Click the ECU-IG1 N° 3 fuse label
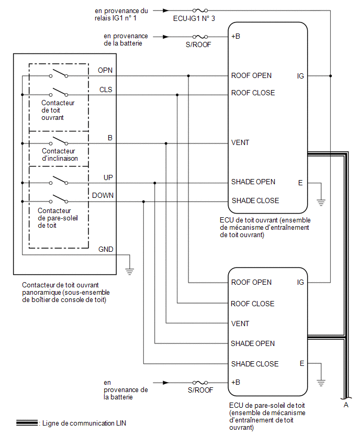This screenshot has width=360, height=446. click(194, 18)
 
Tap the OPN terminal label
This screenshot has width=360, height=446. click(105, 70)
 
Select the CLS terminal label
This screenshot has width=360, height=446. click(106, 90)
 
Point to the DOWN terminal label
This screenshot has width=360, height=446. click(103, 195)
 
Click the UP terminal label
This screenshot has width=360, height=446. click(108, 177)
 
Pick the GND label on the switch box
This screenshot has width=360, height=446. click(106, 249)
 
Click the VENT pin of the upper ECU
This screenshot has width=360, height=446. click(240, 142)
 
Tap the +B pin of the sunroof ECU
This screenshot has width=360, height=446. click(236, 37)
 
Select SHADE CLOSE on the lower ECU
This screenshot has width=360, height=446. click(255, 364)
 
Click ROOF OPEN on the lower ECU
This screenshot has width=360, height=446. click(251, 282)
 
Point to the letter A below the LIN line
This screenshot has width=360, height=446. click(346, 405)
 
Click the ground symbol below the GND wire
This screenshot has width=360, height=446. click(130, 271)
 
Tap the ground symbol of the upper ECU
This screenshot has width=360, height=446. click(321, 202)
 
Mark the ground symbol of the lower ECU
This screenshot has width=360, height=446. click(321, 383)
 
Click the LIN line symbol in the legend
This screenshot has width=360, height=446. click(27, 423)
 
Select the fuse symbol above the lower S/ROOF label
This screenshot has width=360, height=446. click(200, 383)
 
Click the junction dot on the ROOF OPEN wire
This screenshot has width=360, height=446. click(188, 76)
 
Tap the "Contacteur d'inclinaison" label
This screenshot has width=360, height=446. click(60, 155)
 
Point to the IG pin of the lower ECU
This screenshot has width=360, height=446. click(300, 282)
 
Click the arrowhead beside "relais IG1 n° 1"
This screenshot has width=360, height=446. click(166, 11)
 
